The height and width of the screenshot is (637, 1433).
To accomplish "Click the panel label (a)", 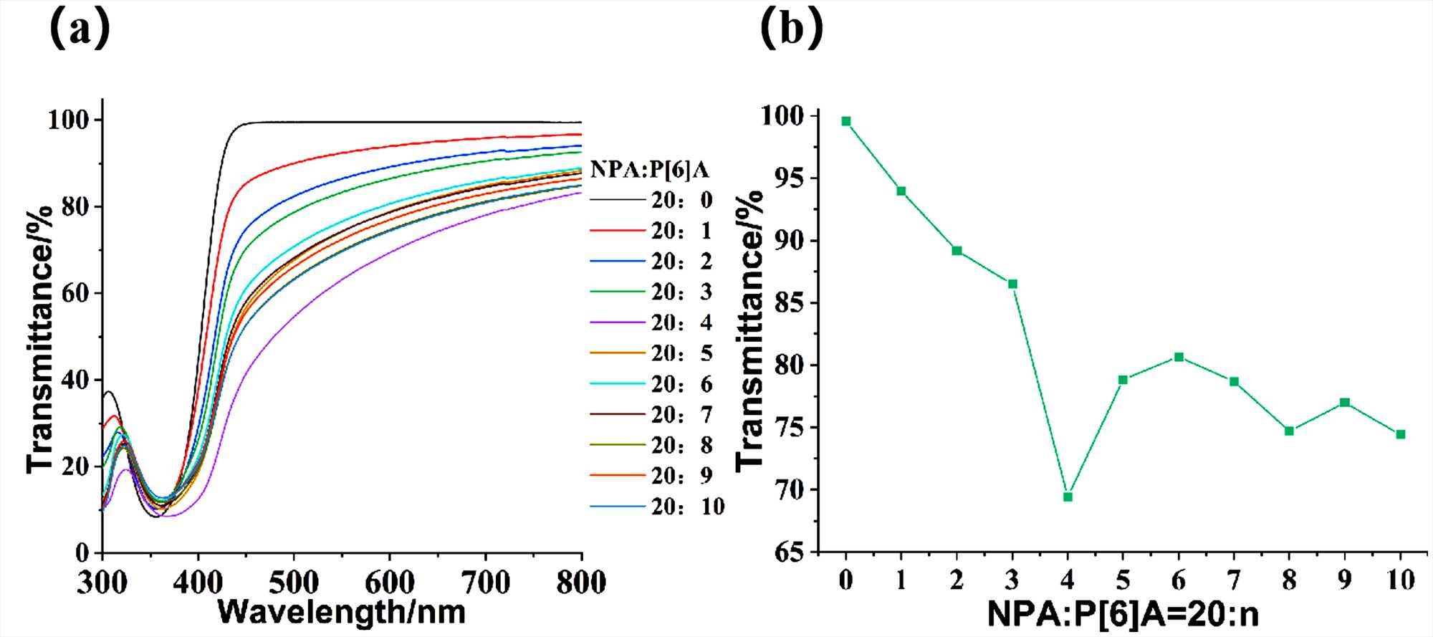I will click(x=80, y=29).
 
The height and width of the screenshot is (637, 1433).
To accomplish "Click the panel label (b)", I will click(x=791, y=29).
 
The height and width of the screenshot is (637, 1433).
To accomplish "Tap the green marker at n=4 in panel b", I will click(x=1068, y=497).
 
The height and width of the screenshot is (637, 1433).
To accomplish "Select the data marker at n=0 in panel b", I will click(x=846, y=121).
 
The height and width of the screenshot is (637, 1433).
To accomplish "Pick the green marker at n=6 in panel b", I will click(x=1179, y=357).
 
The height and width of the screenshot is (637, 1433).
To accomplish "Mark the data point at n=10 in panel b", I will click(x=1401, y=434).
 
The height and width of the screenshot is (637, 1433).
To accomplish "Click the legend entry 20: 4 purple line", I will click(x=652, y=323).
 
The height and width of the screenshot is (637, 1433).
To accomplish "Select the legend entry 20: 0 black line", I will click(x=652, y=200).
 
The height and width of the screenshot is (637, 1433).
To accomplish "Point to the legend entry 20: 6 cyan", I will click(x=652, y=384).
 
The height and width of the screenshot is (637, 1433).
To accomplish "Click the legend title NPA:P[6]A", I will click(x=649, y=170).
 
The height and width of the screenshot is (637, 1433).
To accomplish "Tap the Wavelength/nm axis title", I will click(x=342, y=611).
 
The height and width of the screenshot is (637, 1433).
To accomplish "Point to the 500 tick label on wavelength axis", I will click(x=294, y=582).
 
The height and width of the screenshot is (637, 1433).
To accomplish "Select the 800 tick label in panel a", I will click(x=581, y=582).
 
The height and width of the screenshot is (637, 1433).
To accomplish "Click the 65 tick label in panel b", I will click(x=788, y=552).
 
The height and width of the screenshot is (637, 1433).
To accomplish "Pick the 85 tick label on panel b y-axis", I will click(x=788, y=302).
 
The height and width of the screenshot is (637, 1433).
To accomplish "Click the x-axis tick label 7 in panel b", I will click(x=1234, y=579).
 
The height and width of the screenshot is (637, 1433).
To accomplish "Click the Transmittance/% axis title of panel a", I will click(x=40, y=339).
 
